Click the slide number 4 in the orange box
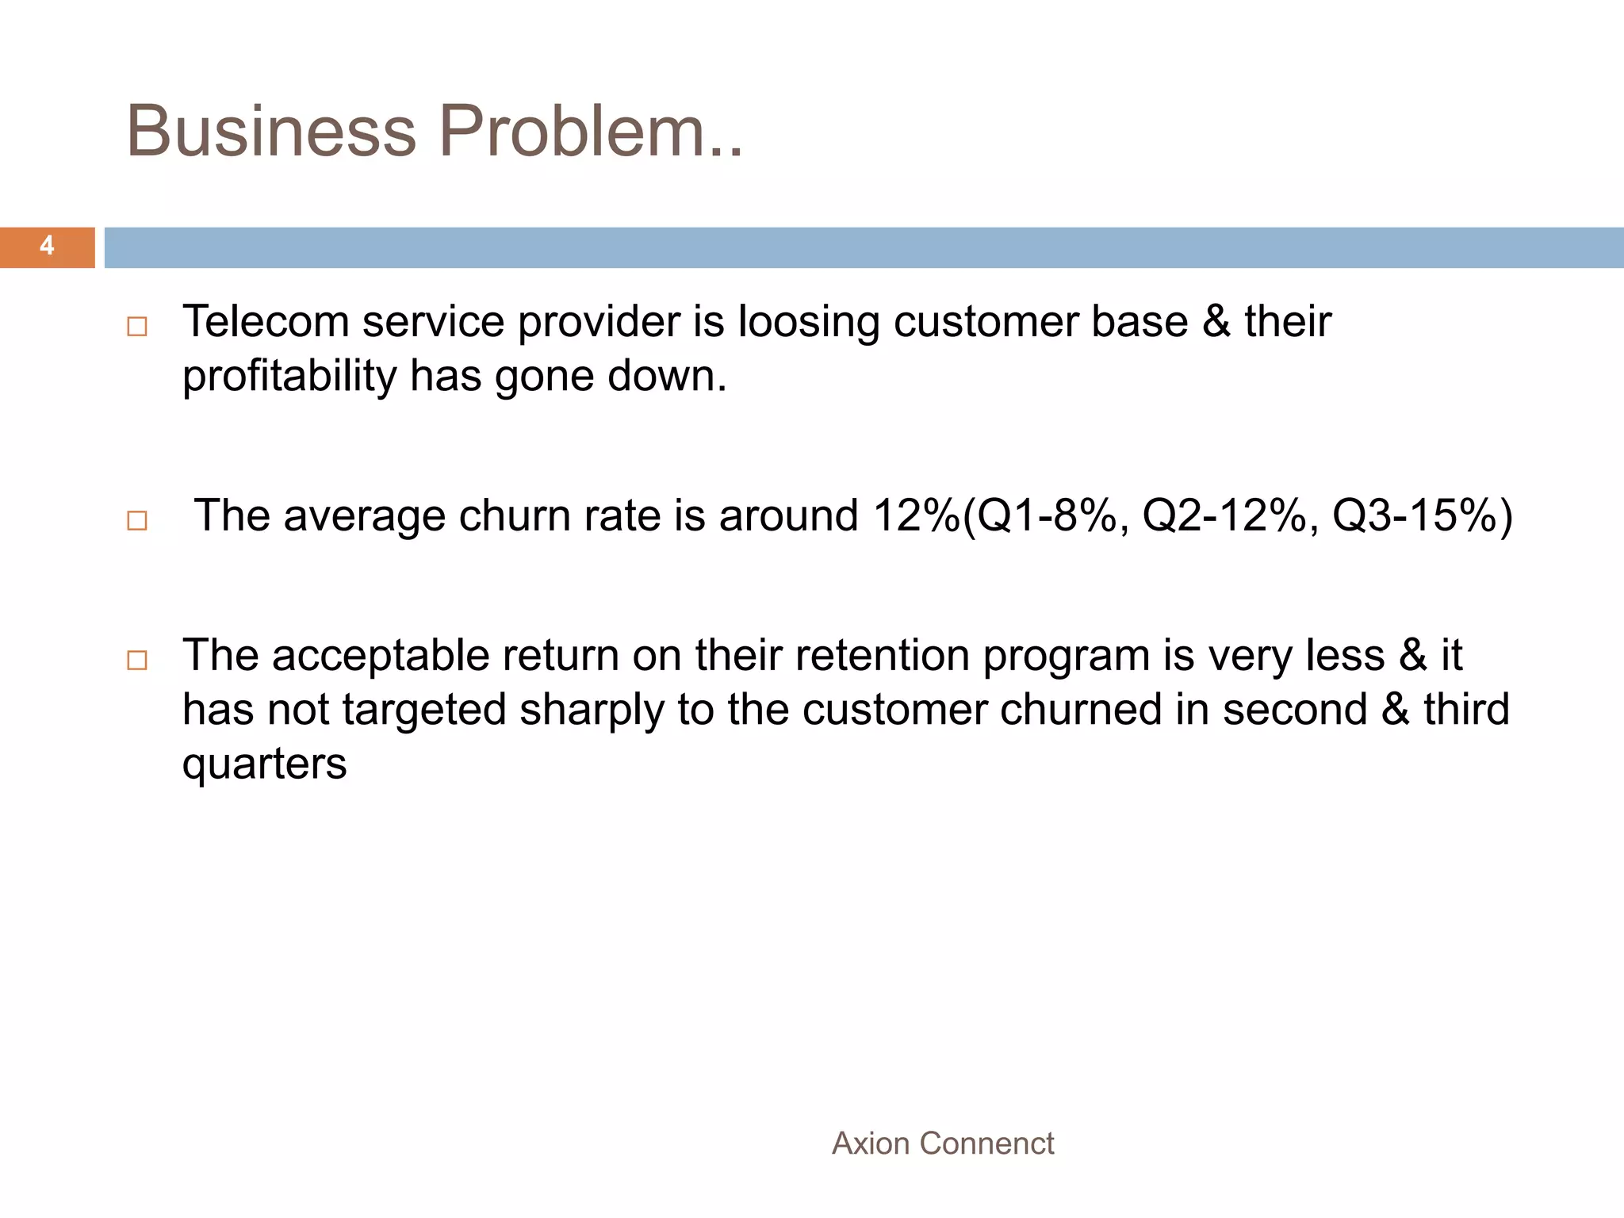(47, 246)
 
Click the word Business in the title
(270, 131)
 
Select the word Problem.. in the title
(591, 131)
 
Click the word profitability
(289, 377)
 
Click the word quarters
(264, 764)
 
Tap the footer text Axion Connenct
(943, 1143)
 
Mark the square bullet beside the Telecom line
(137, 327)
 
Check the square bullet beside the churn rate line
(137, 520)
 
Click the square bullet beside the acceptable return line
(137, 660)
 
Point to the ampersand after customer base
(1216, 322)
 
